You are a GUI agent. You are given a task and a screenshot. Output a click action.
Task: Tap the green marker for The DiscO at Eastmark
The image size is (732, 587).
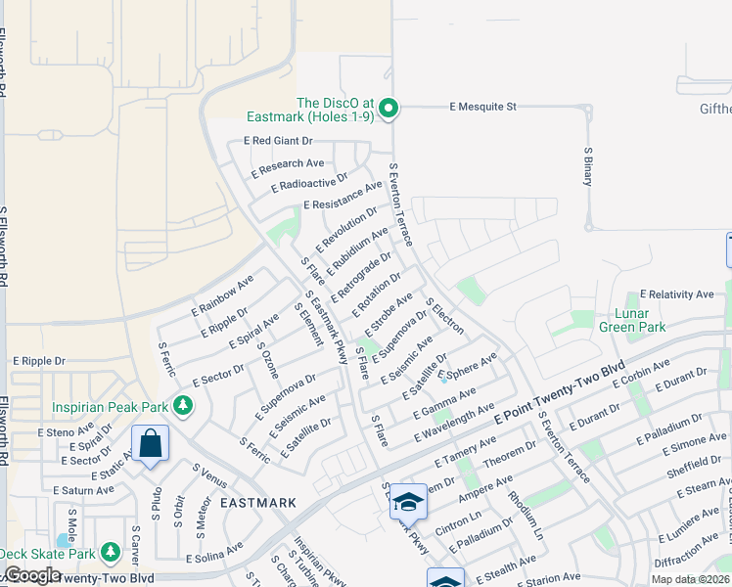tap(389, 108)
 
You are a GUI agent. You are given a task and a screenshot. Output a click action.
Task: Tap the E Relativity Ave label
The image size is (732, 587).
tap(677, 294)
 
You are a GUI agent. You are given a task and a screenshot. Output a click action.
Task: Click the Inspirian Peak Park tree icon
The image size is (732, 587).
tap(182, 404)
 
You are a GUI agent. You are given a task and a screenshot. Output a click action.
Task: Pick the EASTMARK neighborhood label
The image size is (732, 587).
tap(257, 503)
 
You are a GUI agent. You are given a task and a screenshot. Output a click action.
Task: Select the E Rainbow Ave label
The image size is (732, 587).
tap(222, 293)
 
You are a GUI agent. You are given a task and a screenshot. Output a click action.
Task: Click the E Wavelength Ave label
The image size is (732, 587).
tap(454, 426)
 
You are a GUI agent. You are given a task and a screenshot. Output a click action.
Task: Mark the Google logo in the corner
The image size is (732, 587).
tap(31, 574)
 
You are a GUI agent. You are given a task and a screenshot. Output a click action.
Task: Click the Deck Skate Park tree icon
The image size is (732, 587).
tap(111, 554)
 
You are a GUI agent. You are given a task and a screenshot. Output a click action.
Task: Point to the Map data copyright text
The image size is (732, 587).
tap(690, 579)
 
